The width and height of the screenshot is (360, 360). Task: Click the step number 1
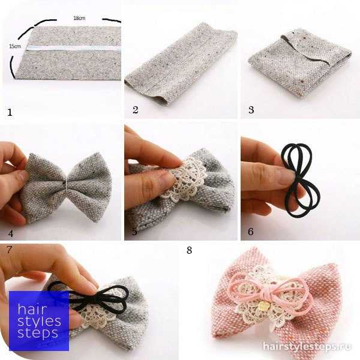10,113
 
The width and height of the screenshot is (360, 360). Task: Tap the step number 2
135,110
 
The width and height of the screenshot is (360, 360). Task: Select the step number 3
251,110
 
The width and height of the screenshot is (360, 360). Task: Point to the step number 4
11,233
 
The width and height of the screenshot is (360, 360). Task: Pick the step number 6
251,232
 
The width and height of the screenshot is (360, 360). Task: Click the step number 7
9,250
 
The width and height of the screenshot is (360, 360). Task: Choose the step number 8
189,250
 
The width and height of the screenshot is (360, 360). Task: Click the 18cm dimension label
79,18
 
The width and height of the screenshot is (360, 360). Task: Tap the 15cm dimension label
15,46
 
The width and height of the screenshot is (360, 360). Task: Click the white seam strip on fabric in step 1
73,48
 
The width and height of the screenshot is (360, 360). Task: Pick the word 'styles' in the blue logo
39,322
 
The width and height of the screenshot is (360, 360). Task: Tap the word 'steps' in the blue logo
38,334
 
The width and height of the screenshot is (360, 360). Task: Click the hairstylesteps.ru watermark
307,346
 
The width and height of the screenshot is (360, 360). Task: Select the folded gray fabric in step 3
300,62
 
